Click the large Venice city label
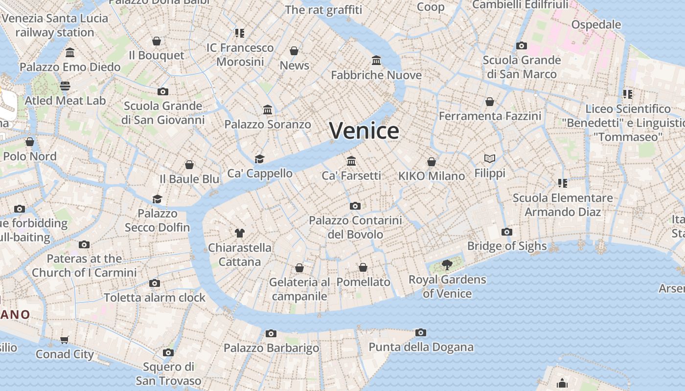click(x=364, y=131)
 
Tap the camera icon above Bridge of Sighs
click(x=507, y=232)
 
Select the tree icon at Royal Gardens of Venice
click(x=447, y=265)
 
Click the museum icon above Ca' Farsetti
click(x=351, y=161)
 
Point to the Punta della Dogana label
click(x=421, y=347)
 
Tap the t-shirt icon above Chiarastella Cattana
click(x=239, y=233)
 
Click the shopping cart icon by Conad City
click(x=64, y=340)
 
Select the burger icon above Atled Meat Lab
click(x=65, y=86)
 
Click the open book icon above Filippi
click(x=490, y=158)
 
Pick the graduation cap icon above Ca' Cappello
click(x=259, y=159)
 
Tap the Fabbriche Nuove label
click(x=376, y=75)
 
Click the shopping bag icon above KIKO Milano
click(x=432, y=162)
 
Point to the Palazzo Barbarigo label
click(x=271, y=348)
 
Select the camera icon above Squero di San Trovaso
click(x=168, y=352)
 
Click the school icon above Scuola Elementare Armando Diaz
click(x=562, y=183)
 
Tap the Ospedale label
click(x=596, y=24)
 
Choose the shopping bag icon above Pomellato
click(x=363, y=267)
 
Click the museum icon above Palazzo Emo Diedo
click(x=70, y=52)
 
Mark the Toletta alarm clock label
click(x=155, y=297)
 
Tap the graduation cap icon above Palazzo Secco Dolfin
click(x=157, y=199)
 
